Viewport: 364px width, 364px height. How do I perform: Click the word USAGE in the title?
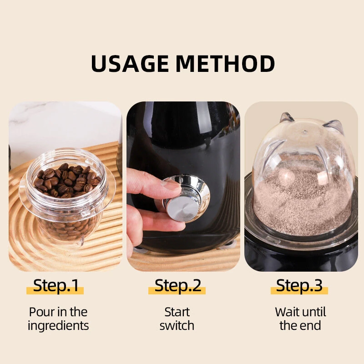point(130,63)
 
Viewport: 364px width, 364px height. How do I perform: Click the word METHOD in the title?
point(225,63)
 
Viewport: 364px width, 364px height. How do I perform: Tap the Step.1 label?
point(56,286)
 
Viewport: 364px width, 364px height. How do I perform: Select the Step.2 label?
point(177,286)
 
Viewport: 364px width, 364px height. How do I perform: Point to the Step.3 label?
point(299,286)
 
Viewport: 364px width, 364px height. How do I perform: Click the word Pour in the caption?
point(41,312)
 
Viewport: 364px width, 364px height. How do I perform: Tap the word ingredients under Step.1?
point(58,326)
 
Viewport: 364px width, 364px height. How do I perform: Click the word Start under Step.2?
point(177,312)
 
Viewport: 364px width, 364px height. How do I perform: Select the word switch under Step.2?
point(177,325)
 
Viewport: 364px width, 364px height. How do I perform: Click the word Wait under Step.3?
point(286,312)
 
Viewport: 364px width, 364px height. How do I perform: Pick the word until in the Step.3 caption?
point(313,312)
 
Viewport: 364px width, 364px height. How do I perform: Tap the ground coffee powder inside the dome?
point(302,204)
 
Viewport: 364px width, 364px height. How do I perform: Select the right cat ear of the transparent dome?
point(334,126)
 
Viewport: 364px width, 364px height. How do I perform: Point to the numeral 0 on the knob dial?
point(181,180)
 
